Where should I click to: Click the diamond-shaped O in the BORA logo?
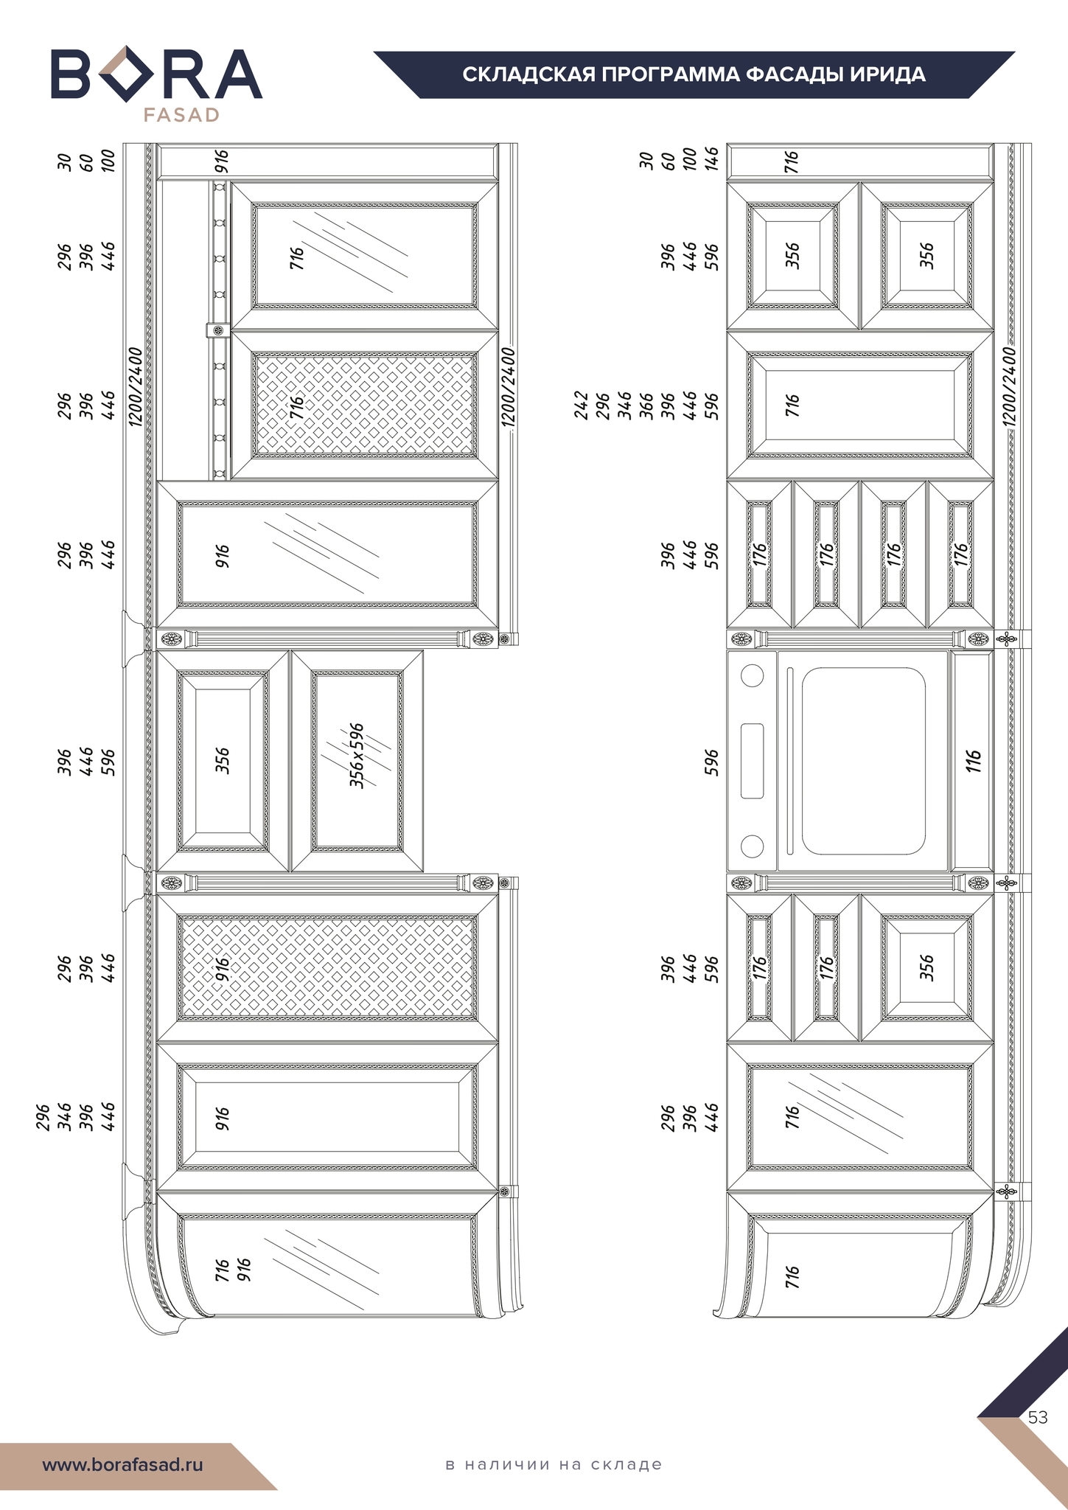coord(126,74)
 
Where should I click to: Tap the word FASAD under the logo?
coord(181,115)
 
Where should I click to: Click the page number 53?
coord(1038,1418)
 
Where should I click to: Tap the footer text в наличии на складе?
coord(554,1464)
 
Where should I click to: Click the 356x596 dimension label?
coord(357,756)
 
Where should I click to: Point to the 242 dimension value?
coord(581,406)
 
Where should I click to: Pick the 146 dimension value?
coord(711,159)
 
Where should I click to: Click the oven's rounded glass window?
coord(863,761)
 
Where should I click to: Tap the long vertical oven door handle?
coord(790,761)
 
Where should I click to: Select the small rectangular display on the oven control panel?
coord(752,761)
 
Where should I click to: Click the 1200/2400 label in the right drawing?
coord(1010,386)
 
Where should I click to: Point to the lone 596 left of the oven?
coord(711,762)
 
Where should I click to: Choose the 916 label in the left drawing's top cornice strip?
coord(222,161)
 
